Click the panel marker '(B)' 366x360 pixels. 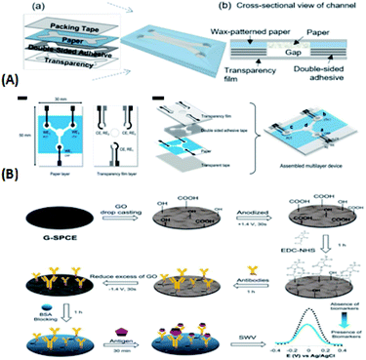[13, 180]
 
